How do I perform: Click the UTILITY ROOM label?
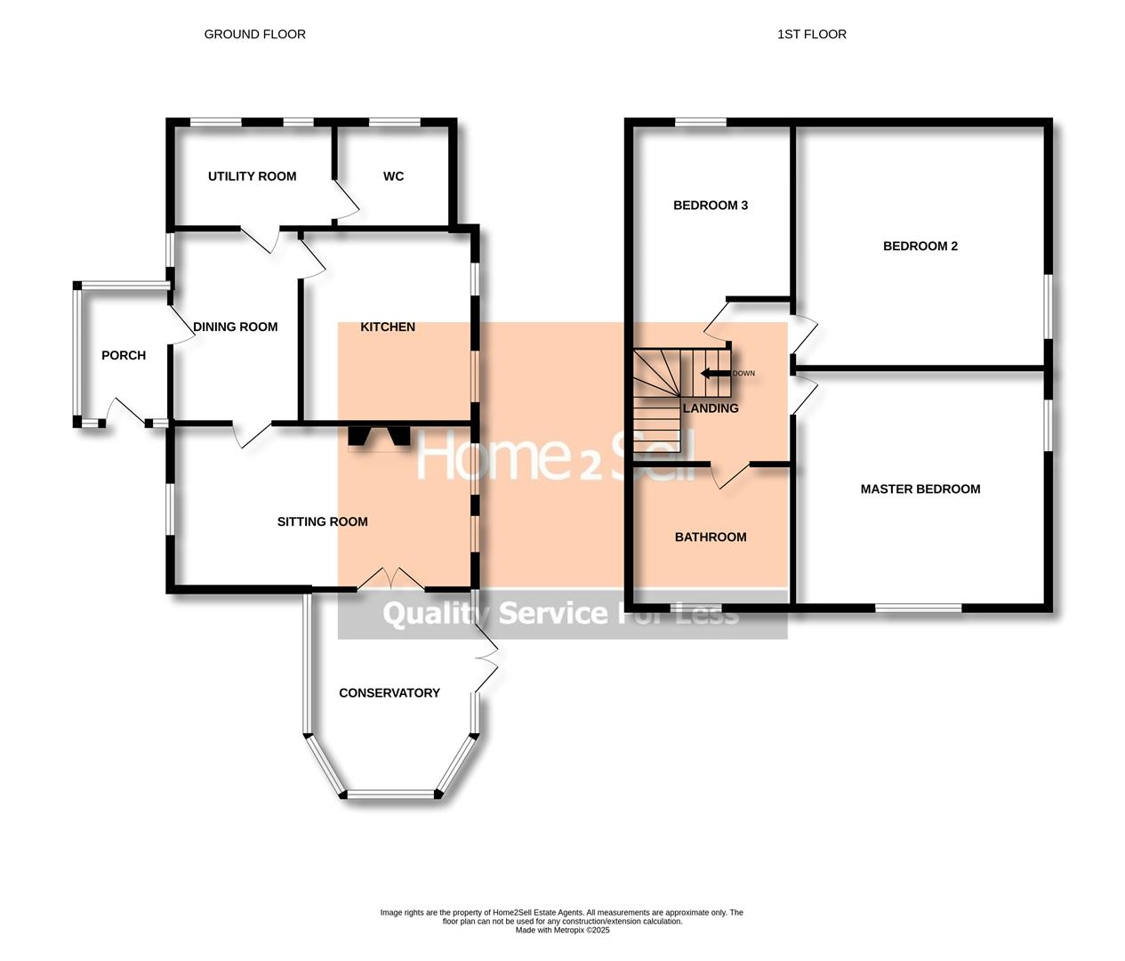click(x=252, y=176)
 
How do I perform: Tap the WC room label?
click(x=393, y=176)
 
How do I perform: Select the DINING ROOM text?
click(x=236, y=327)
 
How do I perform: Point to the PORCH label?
click(x=124, y=355)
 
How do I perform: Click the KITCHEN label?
click(x=388, y=327)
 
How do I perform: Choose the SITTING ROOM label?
click(x=322, y=521)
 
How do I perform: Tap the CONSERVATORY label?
click(x=390, y=692)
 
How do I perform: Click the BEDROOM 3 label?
click(x=711, y=205)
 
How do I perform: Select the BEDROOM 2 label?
click(x=920, y=246)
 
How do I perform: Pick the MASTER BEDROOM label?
click(x=920, y=489)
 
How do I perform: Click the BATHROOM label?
click(x=711, y=537)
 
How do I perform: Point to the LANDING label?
click(x=711, y=408)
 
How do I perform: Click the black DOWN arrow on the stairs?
click(x=714, y=373)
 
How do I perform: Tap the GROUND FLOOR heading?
click(x=254, y=34)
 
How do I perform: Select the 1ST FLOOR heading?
click(x=811, y=34)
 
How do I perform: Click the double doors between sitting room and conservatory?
click(x=391, y=578)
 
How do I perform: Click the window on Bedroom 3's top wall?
click(x=700, y=123)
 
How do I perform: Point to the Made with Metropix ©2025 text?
click(x=562, y=930)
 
